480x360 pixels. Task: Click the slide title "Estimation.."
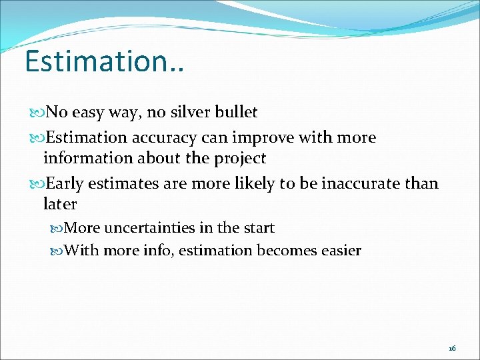click(105, 61)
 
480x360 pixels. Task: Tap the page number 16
click(453, 348)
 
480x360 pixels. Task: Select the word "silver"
click(195, 112)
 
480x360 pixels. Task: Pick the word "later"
click(60, 204)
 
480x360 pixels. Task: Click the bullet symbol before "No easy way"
click(37, 113)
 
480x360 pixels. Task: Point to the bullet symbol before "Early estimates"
click(37, 184)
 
